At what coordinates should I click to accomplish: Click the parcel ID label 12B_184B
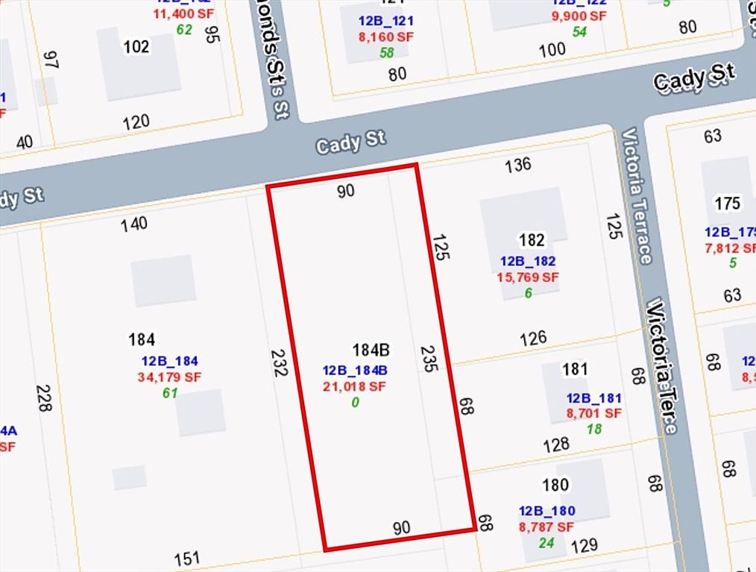354,371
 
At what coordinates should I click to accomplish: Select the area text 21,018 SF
354,386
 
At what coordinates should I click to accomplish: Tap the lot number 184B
371,351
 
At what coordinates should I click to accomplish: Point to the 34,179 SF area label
169,377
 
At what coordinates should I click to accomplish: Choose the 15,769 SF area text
527,277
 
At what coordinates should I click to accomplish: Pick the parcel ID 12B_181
593,398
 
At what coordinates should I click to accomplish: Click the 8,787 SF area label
546,527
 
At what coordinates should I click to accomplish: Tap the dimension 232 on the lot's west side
280,362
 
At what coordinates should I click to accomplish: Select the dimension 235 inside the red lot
428,358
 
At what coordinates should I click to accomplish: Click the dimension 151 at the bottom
187,558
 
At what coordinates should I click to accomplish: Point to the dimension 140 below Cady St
134,223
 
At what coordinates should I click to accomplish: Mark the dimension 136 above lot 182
517,164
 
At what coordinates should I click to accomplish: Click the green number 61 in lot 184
169,393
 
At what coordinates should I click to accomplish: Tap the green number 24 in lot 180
546,543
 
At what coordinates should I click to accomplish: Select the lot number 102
136,47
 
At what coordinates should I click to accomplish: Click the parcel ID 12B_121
385,21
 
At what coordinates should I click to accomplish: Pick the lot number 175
727,204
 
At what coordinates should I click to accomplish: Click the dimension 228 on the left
44,399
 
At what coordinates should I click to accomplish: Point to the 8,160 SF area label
385,37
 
